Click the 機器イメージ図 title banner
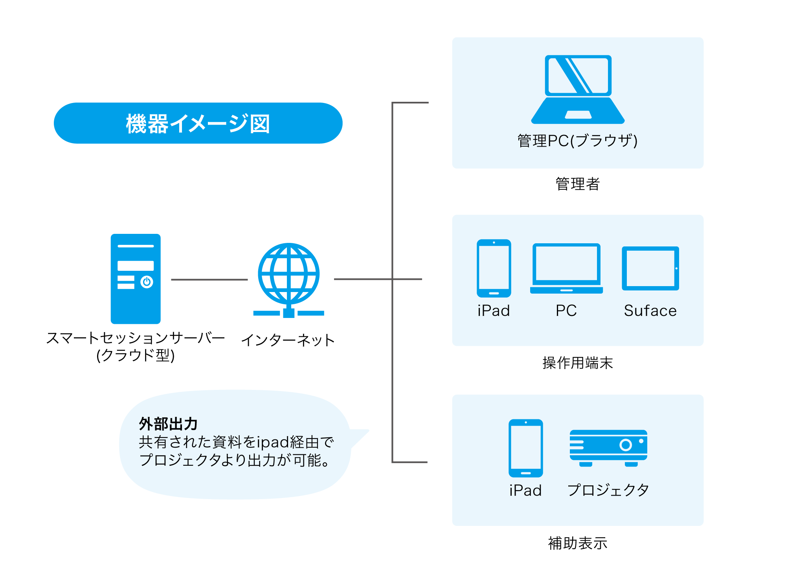tap(198, 123)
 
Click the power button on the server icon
tap(147, 282)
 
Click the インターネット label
tap(288, 340)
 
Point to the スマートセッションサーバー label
tap(136, 338)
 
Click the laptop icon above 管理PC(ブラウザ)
tap(578, 90)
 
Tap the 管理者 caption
tap(578, 184)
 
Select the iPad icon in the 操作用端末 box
tap(494, 268)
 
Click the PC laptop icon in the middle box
tap(566, 268)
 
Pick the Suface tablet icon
tap(650, 268)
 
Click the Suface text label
tap(650, 311)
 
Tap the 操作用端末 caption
tap(578, 363)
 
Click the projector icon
tap(608, 448)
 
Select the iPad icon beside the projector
tap(526, 448)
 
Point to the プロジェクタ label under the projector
tap(608, 490)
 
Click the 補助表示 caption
tap(578, 543)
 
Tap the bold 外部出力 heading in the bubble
tap(168, 424)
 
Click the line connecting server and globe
tap(209, 280)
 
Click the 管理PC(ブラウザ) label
tap(578, 141)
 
